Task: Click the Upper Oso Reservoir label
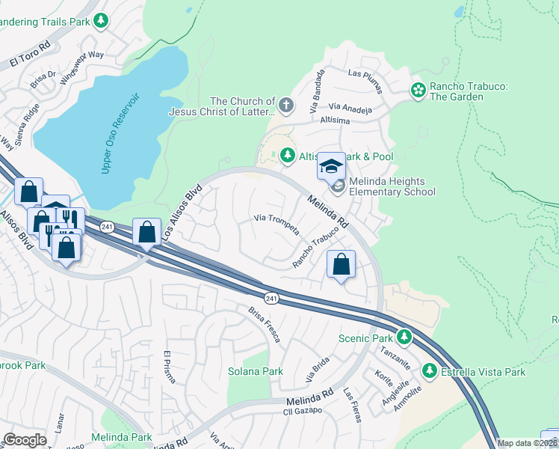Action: click(121, 135)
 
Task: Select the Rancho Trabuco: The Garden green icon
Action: click(418, 91)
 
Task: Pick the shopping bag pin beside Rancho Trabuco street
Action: click(341, 264)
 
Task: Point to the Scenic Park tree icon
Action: click(404, 337)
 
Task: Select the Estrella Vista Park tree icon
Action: click(429, 370)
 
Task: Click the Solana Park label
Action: click(256, 371)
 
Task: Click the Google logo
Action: click(25, 440)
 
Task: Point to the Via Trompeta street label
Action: click(277, 223)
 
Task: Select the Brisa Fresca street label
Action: click(265, 324)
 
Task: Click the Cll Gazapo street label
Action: click(302, 411)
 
